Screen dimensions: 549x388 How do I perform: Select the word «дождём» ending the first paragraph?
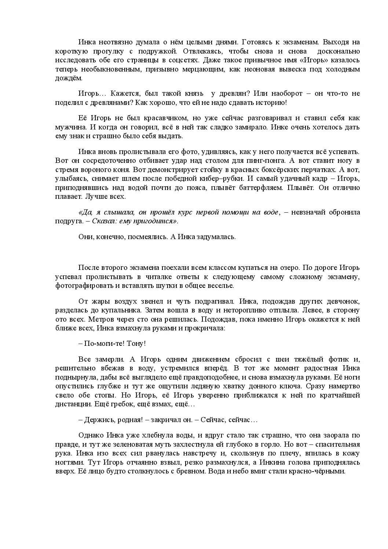point(69,78)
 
